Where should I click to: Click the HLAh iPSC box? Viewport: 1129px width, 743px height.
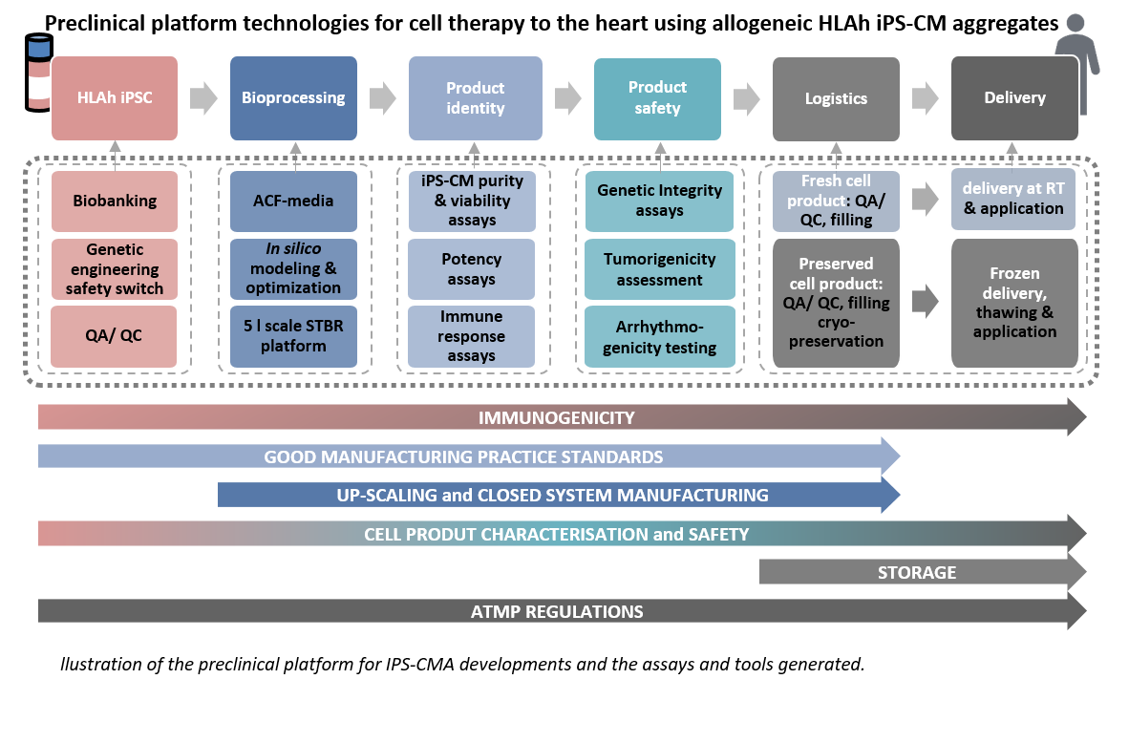115,98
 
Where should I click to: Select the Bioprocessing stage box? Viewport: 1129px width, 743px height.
293,98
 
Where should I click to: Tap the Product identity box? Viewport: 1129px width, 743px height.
475,98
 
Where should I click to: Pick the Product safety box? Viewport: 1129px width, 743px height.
657,98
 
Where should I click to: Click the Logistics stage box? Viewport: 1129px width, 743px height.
836,98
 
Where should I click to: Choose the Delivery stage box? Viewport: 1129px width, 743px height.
1014,98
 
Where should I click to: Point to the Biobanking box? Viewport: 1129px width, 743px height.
115,202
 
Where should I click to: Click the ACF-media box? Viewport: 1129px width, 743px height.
293,202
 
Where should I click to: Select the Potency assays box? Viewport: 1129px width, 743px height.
472,269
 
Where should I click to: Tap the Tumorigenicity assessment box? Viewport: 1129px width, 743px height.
660,269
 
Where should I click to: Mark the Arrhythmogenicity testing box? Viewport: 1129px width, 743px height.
660,336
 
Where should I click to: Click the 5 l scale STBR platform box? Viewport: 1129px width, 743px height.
293,336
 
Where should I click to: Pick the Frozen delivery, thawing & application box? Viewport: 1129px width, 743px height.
1014,303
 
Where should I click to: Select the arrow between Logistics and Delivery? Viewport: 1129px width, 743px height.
925,97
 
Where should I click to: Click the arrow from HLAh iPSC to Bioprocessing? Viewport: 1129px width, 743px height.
203,97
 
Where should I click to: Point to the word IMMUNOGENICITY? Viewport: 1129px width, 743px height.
556,418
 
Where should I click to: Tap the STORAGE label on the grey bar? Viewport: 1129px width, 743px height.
917,573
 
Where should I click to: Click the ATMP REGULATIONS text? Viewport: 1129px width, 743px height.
557,612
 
